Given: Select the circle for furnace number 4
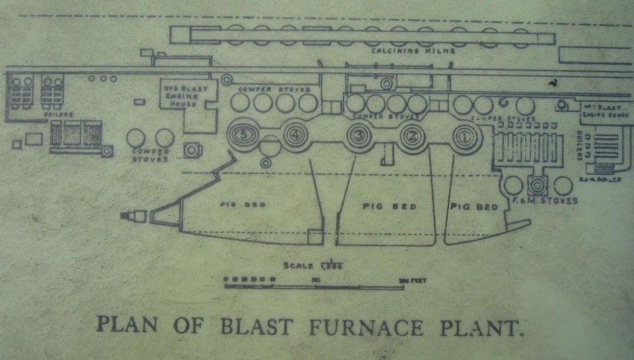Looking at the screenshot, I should (294, 134).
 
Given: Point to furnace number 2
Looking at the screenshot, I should (411, 135).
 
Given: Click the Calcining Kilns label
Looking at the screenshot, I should (413, 51).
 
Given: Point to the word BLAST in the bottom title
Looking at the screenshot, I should (256, 327).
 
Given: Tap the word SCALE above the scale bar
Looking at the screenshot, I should (298, 266).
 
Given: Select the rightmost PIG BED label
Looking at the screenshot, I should (474, 207).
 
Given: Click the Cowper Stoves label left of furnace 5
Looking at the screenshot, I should (150, 155).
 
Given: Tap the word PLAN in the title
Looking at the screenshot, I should (127, 325).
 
